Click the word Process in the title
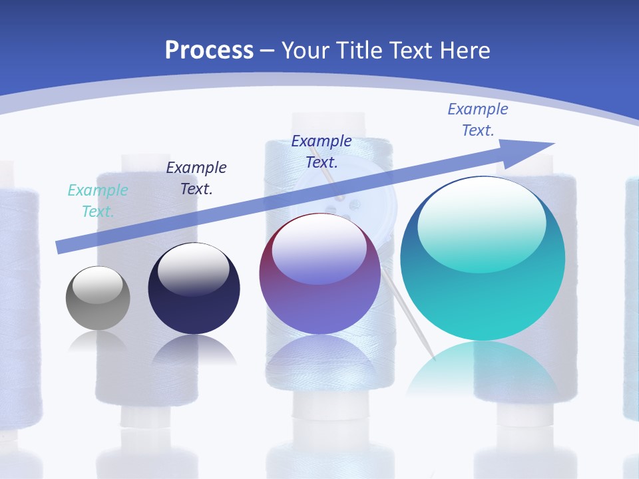tap(209, 51)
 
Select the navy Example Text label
tap(196, 178)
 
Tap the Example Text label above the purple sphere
tap(321, 152)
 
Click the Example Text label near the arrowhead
tap(478, 120)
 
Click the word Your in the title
tap(308, 51)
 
